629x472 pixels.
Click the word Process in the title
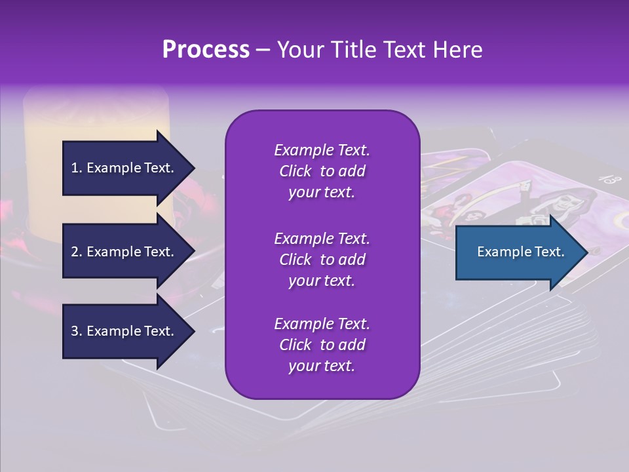206,50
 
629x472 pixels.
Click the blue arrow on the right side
521,252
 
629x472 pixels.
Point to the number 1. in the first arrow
77,168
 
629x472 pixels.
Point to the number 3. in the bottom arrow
77,331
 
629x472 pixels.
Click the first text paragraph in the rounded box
322,171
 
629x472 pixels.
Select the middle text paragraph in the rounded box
322,260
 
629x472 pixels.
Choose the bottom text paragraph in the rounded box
322,345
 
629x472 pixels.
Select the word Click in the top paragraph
295,171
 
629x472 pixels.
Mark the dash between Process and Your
263,50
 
